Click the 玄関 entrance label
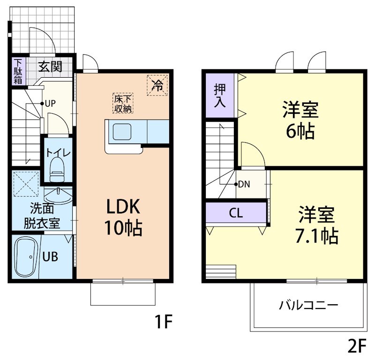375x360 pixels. pyautogui.click(x=50, y=66)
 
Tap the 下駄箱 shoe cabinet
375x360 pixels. pyautogui.click(x=18, y=71)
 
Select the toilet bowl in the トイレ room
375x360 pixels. pyautogui.click(x=57, y=170)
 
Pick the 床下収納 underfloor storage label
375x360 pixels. pyautogui.click(x=123, y=103)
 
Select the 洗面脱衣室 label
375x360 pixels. pyautogui.click(x=42, y=215)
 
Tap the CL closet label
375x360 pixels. pyautogui.click(x=236, y=213)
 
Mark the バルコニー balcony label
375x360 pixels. pyautogui.click(x=308, y=306)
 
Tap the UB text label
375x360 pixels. pyautogui.click(x=51, y=257)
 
